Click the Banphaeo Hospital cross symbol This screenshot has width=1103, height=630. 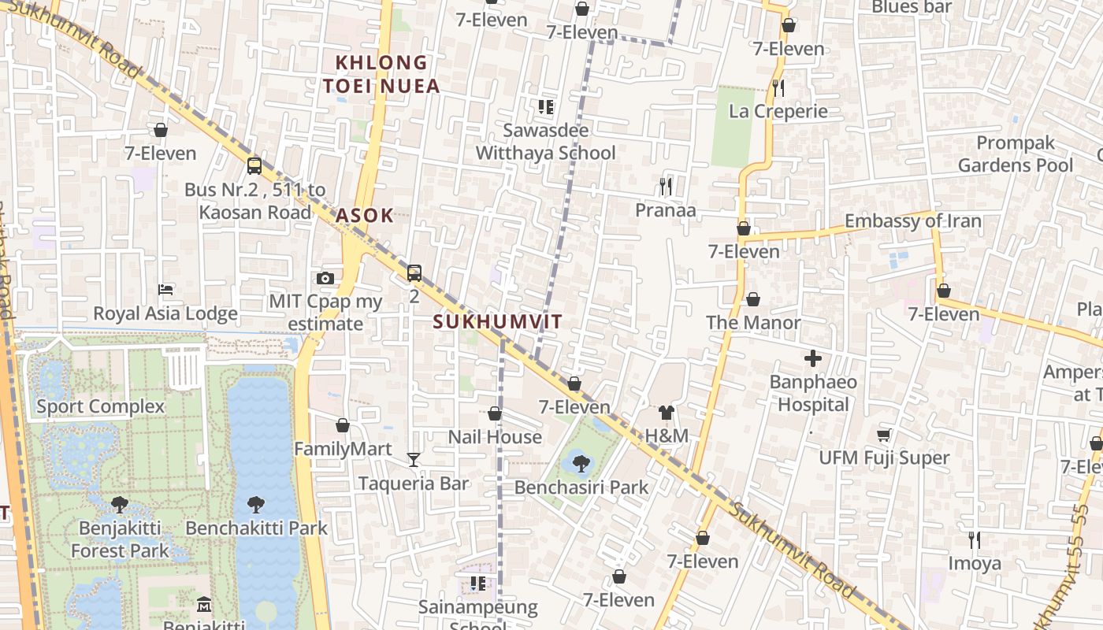(x=813, y=359)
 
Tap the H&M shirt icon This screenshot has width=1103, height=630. (x=667, y=412)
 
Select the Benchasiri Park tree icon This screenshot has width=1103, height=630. (x=581, y=464)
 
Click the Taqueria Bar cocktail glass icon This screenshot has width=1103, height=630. (x=414, y=459)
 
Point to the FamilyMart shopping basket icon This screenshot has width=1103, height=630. (x=343, y=425)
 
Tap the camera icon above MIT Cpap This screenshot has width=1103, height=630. (x=325, y=278)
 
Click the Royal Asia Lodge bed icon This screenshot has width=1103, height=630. (x=165, y=290)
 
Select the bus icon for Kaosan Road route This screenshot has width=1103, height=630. (x=254, y=165)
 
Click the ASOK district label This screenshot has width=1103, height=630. (x=364, y=215)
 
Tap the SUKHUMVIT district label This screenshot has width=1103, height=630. (x=498, y=321)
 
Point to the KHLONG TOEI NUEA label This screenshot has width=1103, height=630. (x=381, y=74)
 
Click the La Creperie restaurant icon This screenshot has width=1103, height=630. (x=778, y=87)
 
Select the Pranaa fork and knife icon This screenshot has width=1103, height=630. (x=666, y=187)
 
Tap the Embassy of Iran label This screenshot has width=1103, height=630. (x=913, y=220)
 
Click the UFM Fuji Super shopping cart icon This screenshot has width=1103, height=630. (x=884, y=435)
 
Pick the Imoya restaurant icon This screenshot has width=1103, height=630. (x=975, y=539)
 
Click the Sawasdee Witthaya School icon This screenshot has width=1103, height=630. (x=545, y=106)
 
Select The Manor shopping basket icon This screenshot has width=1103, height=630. (x=753, y=299)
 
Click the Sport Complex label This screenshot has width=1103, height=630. (x=101, y=406)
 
